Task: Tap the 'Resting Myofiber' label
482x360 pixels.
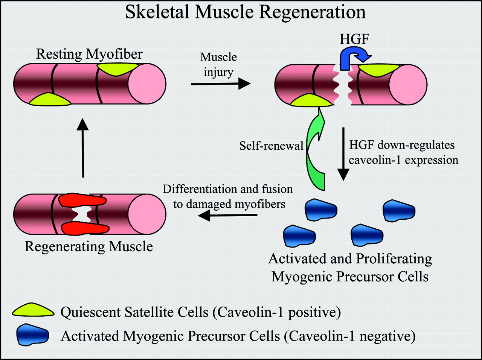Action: click(x=89, y=54)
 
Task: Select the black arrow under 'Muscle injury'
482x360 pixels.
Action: click(x=221, y=84)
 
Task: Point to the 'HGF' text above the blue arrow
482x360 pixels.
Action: click(x=354, y=39)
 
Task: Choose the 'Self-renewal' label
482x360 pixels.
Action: click(x=271, y=146)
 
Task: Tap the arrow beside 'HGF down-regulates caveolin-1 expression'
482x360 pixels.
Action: click(x=343, y=154)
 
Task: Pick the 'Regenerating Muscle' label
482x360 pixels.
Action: click(x=89, y=246)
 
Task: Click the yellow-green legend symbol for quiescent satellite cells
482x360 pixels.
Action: click(x=33, y=311)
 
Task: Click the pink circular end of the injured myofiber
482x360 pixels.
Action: click(x=408, y=84)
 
